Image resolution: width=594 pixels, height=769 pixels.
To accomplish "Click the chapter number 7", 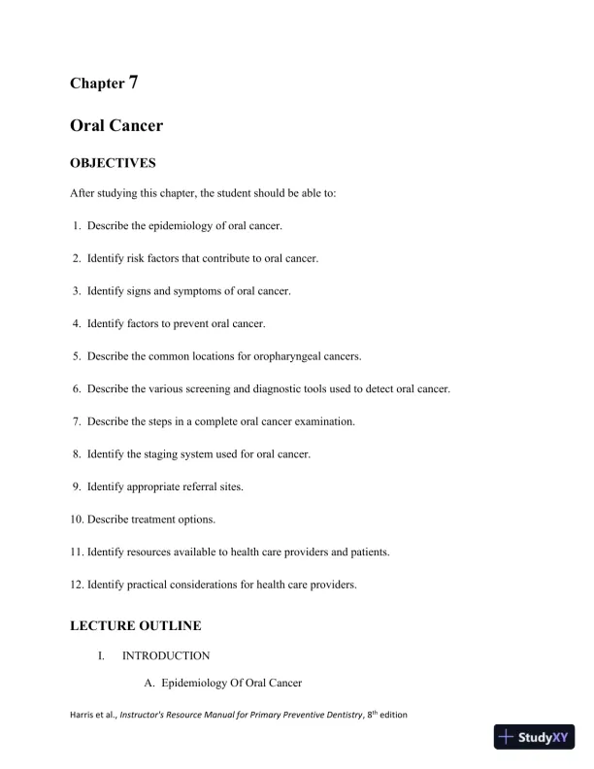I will click(133, 82).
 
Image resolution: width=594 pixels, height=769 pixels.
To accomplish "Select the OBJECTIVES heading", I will click(113, 163).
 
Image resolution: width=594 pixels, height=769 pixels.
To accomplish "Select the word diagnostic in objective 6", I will click(278, 389).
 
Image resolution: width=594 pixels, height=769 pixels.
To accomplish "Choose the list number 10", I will click(77, 519).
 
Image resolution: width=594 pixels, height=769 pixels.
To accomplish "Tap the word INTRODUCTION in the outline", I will click(166, 656).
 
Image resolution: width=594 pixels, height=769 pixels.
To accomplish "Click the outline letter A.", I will click(148, 685).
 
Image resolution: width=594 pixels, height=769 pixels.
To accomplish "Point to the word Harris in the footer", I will click(82, 716).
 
